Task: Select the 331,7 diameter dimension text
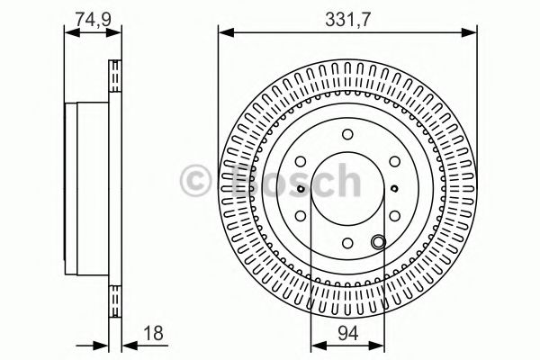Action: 346,15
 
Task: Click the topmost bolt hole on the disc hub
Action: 347,136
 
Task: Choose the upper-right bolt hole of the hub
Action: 392,163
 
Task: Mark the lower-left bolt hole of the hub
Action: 302,214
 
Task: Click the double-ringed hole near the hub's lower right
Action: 379,240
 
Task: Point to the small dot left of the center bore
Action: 300,189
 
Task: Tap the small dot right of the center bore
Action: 395,189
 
